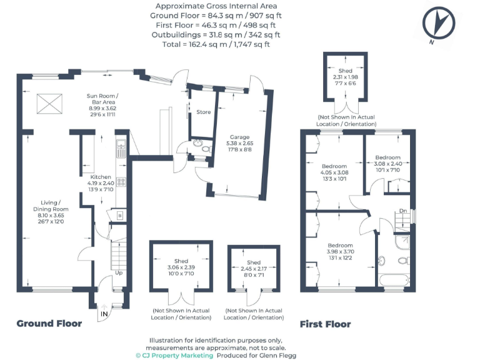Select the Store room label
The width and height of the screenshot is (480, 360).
click(203, 112)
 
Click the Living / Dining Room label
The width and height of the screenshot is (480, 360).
click(51, 210)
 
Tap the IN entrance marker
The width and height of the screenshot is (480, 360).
click(104, 312)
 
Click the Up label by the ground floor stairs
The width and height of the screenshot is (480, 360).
click(118, 272)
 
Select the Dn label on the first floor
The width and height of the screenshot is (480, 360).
click(403, 211)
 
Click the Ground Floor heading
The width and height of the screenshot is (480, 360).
click(49, 324)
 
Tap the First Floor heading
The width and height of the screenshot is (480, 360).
click(325, 324)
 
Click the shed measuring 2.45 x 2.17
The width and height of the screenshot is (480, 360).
click(253, 269)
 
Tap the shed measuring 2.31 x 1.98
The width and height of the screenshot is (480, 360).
click(346, 77)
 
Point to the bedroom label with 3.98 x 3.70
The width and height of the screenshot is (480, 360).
click(340, 252)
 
